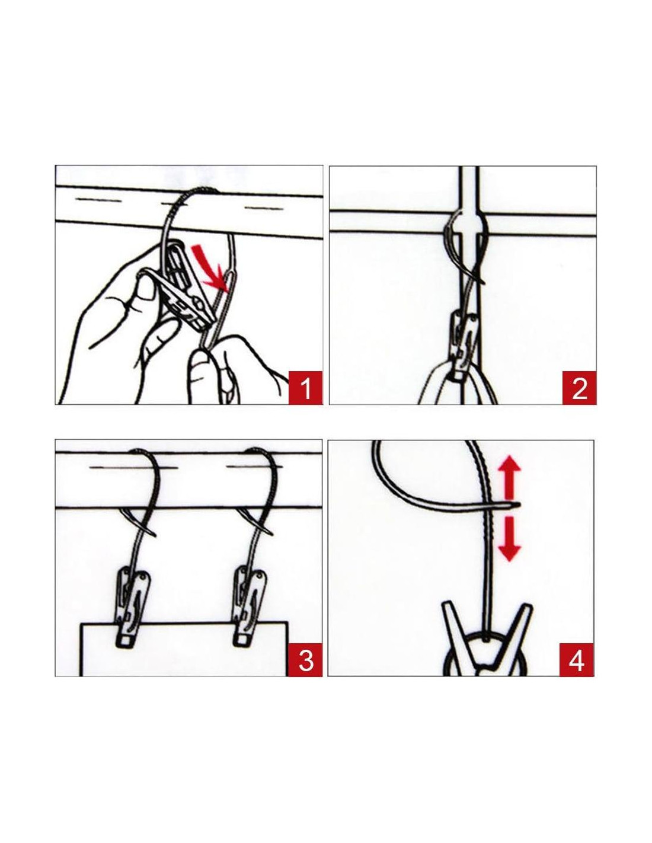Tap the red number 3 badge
tap(305, 660)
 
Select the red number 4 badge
tap(577, 660)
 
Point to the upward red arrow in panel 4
tap(509, 478)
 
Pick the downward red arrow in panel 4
tap(509, 539)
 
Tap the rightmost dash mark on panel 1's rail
tap(264, 209)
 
